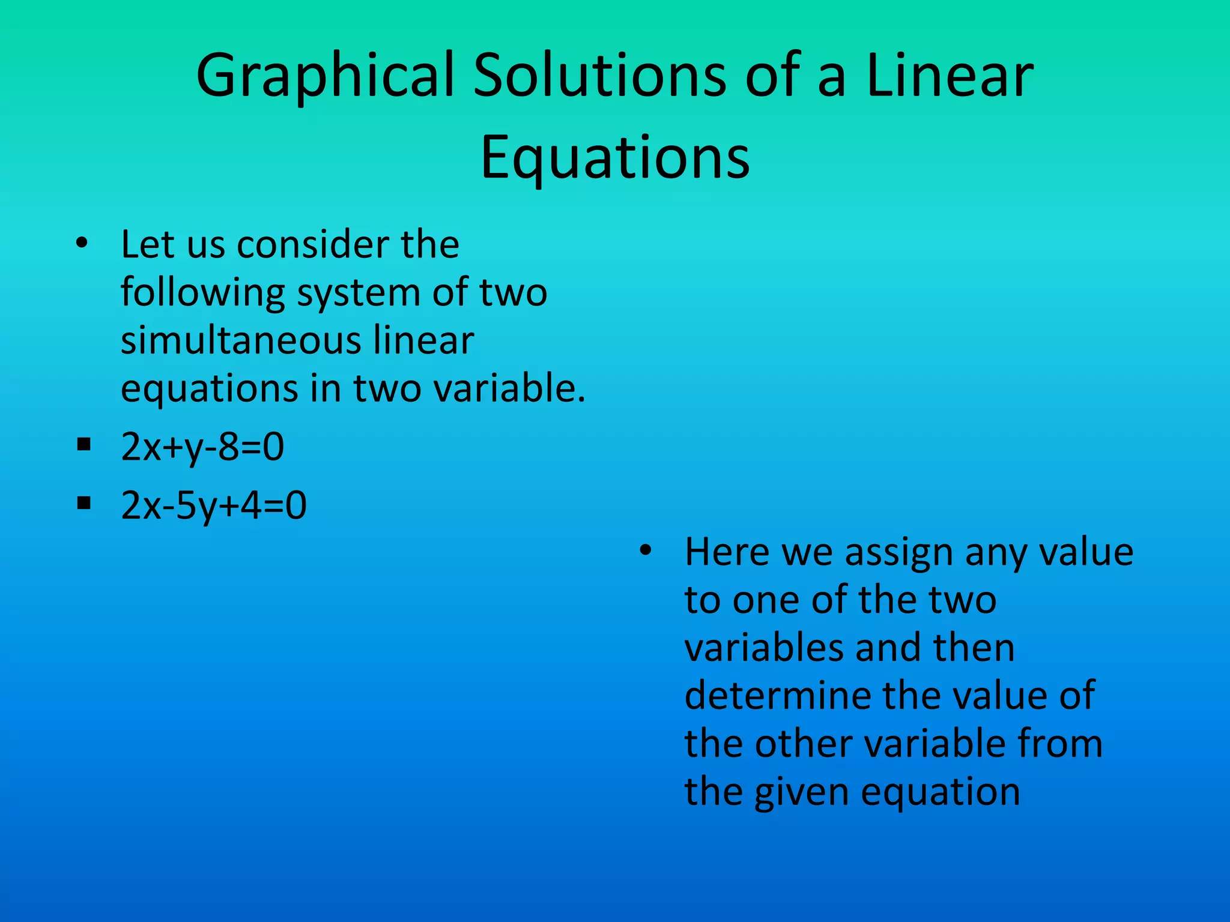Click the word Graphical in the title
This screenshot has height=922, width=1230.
(325, 77)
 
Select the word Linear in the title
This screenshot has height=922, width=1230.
(950, 76)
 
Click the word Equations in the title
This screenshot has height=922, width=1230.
(615, 157)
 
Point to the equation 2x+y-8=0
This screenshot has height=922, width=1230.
(202, 447)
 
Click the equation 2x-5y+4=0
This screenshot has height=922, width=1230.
(214, 505)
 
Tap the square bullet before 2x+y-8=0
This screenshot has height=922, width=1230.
(83, 445)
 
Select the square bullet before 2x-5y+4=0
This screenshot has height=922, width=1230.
(83, 502)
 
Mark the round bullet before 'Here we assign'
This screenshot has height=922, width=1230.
(646, 550)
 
